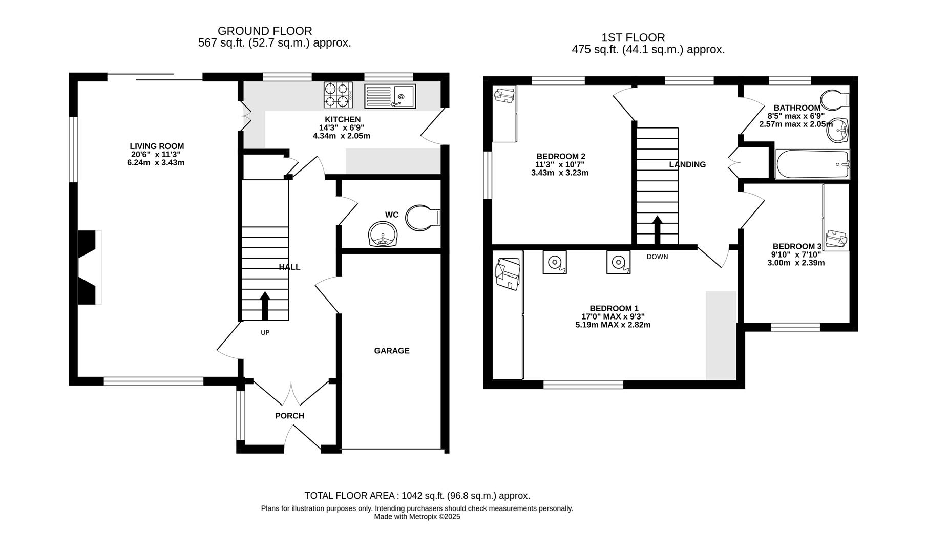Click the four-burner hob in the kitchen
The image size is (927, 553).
click(338, 95)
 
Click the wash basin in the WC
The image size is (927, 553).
click(383, 235)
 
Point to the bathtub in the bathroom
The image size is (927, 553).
click(812, 164)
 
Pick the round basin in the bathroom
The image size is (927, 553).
click(838, 131)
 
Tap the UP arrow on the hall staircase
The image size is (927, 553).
click(265, 306)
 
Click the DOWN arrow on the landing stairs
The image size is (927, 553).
click(657, 230)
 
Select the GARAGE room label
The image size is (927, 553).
click(392, 351)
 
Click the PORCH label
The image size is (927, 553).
click(290, 416)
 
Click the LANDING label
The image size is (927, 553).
click(687, 164)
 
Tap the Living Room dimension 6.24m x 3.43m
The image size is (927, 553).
click(156, 163)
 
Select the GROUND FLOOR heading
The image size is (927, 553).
click(265, 31)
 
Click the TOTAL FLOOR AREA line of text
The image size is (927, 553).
click(417, 496)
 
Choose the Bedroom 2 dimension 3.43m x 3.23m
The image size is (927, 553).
click(560, 173)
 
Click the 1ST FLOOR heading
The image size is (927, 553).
click(633, 37)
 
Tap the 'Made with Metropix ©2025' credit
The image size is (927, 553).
click(417, 517)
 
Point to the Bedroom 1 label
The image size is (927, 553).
click(614, 308)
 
